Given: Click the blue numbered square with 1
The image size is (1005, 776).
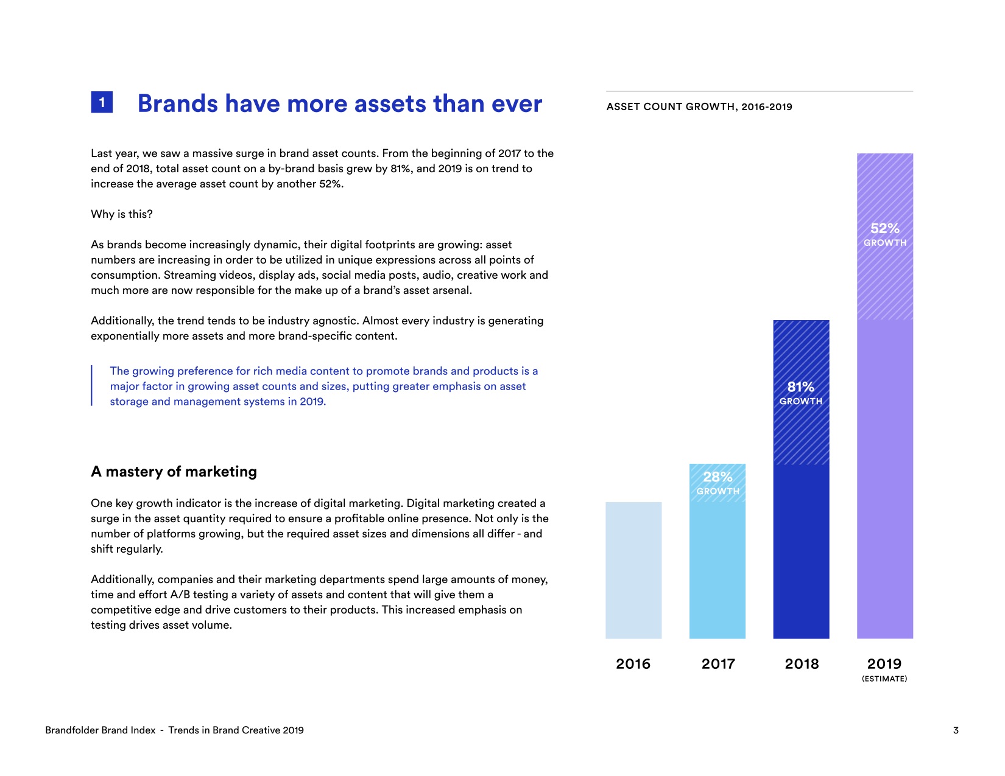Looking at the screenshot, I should tap(102, 102).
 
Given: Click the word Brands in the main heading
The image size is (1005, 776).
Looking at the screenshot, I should tap(177, 104).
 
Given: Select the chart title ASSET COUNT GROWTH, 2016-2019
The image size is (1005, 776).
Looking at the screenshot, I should tap(699, 107).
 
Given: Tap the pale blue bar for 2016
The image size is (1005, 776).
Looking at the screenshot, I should tap(633, 570).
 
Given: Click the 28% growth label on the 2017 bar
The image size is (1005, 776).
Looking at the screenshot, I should tap(718, 483).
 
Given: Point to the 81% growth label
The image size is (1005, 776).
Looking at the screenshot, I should tap(801, 393).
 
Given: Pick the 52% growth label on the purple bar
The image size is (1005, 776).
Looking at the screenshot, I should tap(885, 234).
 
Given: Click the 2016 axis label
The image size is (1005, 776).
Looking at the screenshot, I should tap(633, 664).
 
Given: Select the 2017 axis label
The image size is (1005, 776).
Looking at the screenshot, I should tap(718, 664).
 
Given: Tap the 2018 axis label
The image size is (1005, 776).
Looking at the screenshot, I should tap(802, 664).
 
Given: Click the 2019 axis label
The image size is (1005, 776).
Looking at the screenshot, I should tap(884, 664).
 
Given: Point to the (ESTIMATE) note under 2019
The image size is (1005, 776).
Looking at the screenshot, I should tap(884, 679).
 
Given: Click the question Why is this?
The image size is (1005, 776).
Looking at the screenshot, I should tap(122, 214).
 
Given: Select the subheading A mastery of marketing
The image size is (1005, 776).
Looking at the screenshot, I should tap(174, 472).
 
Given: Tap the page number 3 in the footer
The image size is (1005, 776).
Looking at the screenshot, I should tap(956, 730).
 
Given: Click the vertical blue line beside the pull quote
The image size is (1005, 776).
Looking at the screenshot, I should tap(92, 385).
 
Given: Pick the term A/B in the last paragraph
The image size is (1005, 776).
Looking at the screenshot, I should tap(180, 595).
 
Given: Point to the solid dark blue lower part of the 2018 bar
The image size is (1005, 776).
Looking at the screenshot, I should tap(801, 551).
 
